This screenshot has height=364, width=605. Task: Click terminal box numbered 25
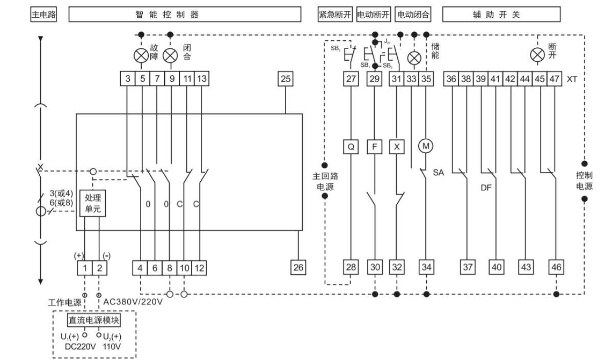(286, 79)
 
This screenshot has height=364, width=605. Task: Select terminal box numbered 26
(298, 266)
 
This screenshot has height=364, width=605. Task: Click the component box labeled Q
(351, 146)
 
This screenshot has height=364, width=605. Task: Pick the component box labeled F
(374, 146)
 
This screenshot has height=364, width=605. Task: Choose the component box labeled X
(397, 146)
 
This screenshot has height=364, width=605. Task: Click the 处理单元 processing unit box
(92, 203)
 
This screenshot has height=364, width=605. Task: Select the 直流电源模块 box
(93, 320)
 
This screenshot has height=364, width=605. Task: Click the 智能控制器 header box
(184, 14)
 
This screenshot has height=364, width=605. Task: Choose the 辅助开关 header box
(501, 14)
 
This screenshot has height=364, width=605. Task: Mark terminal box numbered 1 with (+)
(85, 266)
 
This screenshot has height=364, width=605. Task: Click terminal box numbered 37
(467, 266)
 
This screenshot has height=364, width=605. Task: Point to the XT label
(571, 79)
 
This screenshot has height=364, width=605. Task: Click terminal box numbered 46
(556, 266)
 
